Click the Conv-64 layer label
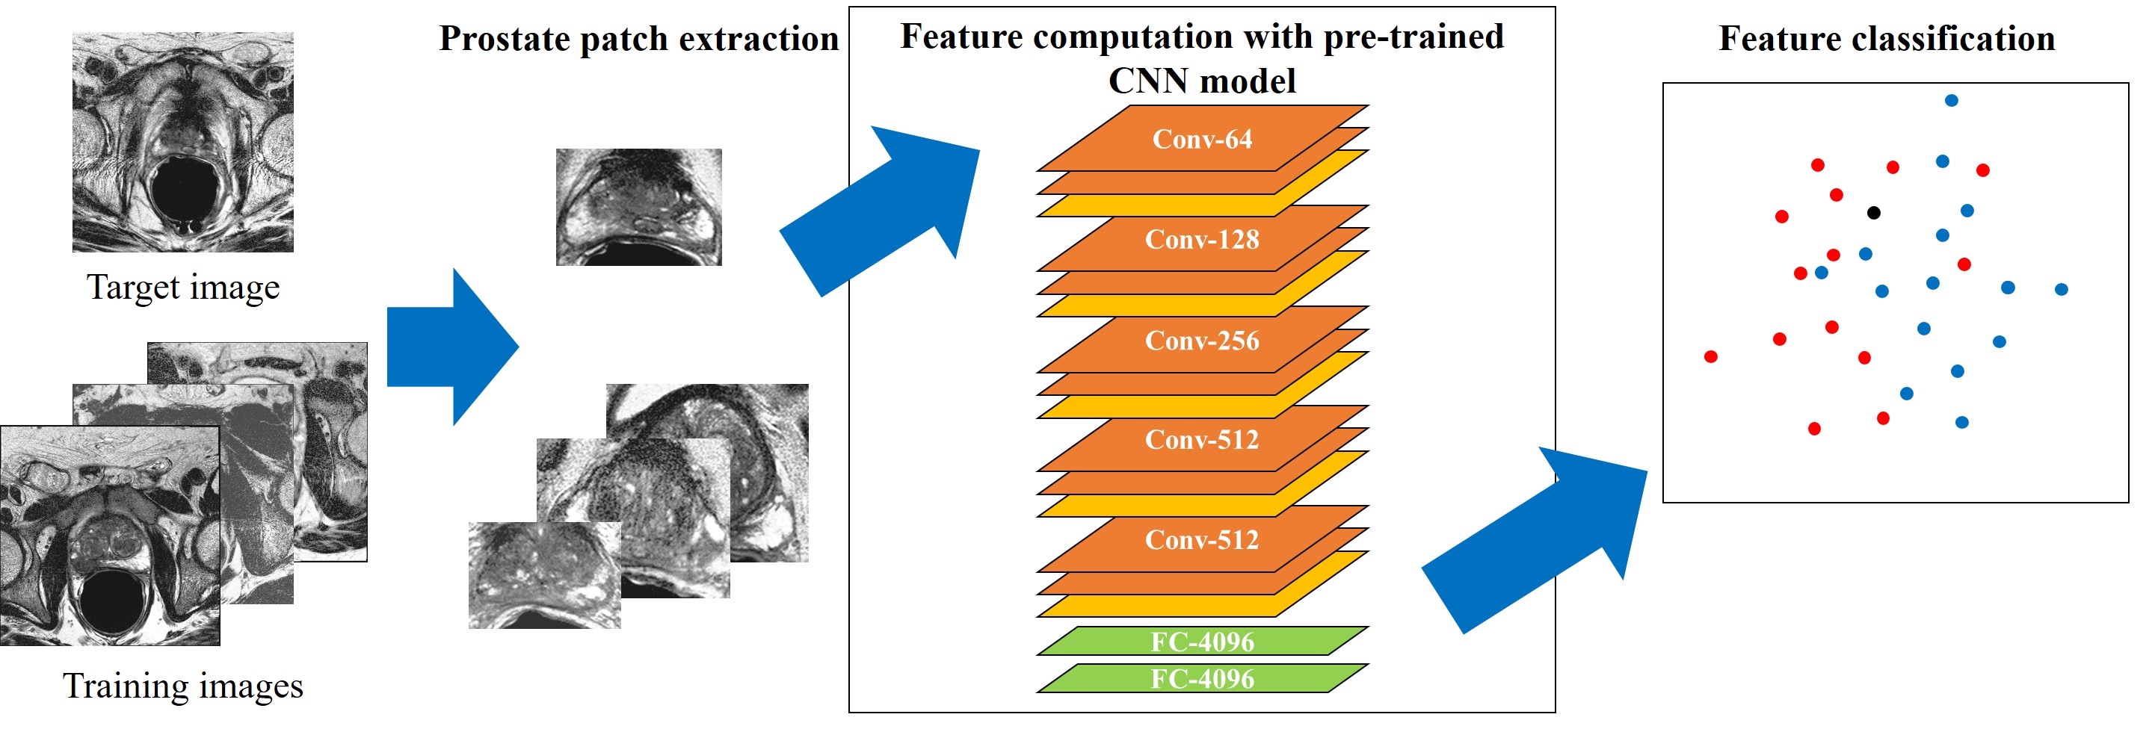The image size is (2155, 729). tap(1201, 139)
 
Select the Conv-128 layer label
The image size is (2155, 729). tap(1201, 240)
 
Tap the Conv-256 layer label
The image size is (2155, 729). tap(1201, 341)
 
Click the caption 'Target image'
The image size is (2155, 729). tap(183, 288)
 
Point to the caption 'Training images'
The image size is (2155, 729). tap(183, 686)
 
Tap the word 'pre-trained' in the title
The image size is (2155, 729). tap(1413, 37)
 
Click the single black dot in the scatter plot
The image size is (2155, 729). tap(1874, 213)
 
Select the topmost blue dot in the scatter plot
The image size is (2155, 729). tap(1952, 100)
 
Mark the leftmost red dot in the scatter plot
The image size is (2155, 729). tap(1711, 357)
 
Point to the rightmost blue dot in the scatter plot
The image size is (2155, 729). tap(2062, 289)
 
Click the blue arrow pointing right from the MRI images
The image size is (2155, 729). tap(451, 347)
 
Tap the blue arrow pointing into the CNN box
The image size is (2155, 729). tap(887, 209)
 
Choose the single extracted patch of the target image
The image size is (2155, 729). tap(638, 208)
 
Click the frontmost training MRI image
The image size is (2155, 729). tap(110, 536)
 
